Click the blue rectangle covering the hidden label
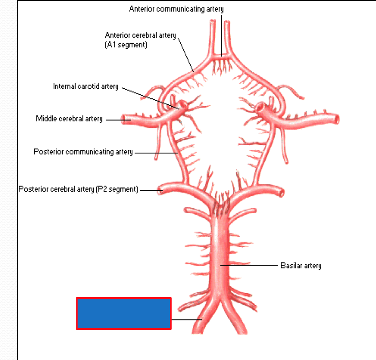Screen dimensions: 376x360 click(124, 313)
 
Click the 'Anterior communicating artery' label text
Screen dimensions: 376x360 click(176, 9)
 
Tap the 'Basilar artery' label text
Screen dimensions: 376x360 click(301, 266)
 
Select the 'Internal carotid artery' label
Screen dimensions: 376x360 click(86, 87)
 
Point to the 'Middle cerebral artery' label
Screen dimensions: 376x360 click(69, 118)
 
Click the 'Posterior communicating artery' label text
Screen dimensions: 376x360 click(83, 152)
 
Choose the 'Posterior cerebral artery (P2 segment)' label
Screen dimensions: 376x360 click(78, 189)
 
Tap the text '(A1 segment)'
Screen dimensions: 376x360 click(126, 44)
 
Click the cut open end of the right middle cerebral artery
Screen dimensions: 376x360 click(337, 119)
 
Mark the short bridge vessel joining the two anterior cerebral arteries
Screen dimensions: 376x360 click(222, 56)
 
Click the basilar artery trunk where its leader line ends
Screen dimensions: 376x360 click(221, 266)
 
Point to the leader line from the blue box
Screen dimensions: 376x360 click(186, 320)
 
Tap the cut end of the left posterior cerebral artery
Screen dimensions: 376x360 click(160, 190)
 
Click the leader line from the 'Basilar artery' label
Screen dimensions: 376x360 click(250, 266)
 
